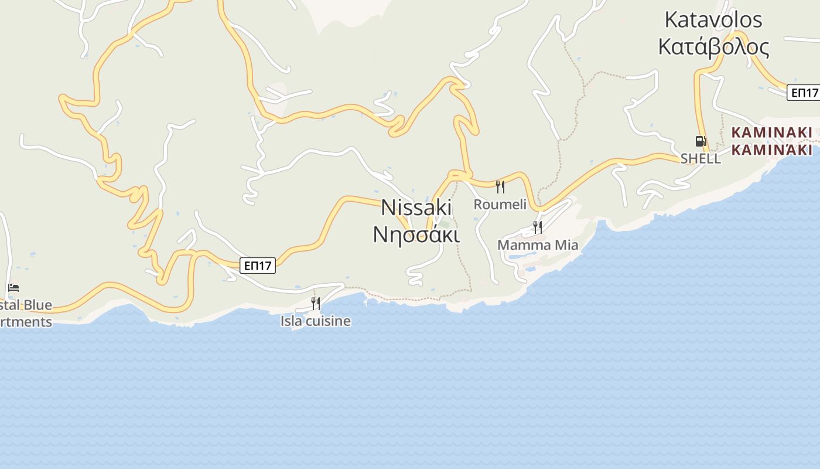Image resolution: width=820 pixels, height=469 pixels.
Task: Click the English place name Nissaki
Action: point(416,208)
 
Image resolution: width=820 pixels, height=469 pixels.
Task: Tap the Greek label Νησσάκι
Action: point(416,234)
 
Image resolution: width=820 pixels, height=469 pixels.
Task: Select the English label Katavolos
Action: point(713,20)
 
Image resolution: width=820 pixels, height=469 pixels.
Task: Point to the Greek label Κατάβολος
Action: point(713,46)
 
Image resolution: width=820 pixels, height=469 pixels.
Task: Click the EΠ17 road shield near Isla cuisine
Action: point(258,266)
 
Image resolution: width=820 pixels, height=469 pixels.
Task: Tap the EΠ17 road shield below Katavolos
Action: point(804,93)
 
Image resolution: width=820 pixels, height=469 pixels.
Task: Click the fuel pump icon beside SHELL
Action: point(701,141)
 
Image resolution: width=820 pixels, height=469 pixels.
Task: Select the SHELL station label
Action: point(701,158)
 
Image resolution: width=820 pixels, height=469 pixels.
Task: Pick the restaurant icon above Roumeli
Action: point(500,187)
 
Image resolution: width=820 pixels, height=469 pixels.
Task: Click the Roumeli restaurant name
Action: point(500,205)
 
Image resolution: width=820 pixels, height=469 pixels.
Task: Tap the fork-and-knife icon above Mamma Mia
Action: point(537,227)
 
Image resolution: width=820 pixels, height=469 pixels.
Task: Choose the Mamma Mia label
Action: point(538,245)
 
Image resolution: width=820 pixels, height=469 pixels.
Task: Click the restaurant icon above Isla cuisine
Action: point(316,303)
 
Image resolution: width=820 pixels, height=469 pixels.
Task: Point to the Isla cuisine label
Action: point(316,321)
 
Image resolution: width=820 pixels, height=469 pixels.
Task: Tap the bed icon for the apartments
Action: point(13,287)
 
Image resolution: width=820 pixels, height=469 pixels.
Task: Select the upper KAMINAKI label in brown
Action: point(773,132)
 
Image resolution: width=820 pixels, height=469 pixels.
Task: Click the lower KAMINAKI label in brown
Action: point(773,149)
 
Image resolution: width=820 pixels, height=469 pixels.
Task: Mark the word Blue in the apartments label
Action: point(37,305)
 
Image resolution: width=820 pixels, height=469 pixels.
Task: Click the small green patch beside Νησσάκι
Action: point(445,225)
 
